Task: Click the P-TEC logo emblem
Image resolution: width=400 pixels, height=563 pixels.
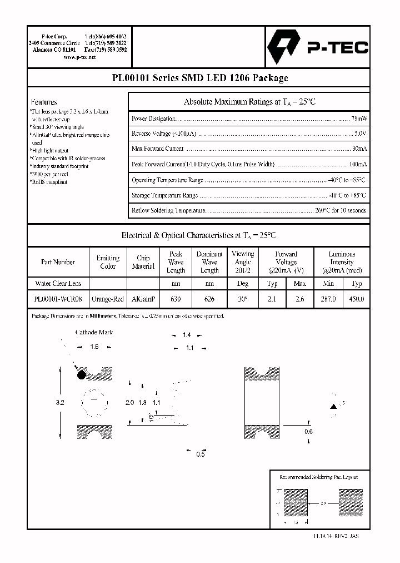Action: (x=283, y=47)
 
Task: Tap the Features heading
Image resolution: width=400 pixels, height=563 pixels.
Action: (x=44, y=102)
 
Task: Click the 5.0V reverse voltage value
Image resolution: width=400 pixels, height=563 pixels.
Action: (x=361, y=134)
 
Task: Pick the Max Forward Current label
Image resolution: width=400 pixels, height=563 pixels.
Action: (x=158, y=149)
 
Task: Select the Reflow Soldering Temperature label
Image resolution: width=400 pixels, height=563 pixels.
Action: (x=169, y=211)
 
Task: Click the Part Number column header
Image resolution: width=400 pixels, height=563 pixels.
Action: (x=58, y=262)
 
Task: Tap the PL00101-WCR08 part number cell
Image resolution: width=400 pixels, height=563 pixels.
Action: (x=58, y=299)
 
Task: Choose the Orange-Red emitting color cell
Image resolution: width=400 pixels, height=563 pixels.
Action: (x=108, y=299)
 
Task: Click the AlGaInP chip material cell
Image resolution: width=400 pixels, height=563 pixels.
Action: (x=143, y=299)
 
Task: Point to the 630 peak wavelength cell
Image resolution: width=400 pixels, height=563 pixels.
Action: (x=176, y=299)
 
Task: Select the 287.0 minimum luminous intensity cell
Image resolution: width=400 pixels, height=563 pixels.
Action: (x=328, y=299)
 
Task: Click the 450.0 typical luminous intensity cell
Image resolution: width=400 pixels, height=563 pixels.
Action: (x=356, y=299)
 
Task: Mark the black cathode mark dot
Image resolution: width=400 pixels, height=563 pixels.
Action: (x=81, y=375)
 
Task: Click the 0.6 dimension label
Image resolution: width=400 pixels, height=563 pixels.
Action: (x=308, y=431)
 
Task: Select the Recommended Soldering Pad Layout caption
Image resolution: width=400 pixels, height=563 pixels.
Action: (x=318, y=477)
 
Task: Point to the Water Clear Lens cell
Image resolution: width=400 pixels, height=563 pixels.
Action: (x=58, y=284)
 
